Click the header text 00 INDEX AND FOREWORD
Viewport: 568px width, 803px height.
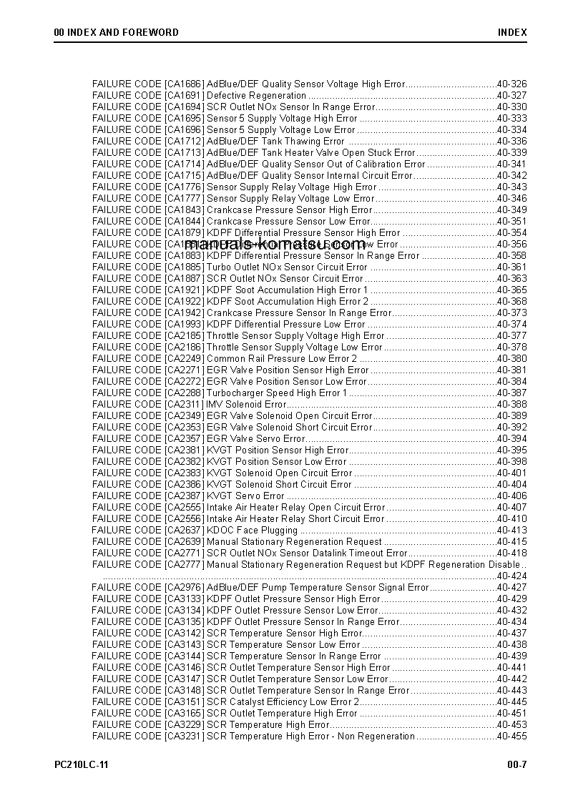coord(116,32)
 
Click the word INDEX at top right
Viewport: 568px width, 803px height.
coord(512,32)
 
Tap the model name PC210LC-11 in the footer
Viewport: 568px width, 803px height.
coord(82,764)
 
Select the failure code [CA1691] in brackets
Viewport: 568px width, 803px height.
coord(184,95)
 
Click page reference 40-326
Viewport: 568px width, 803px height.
coord(511,84)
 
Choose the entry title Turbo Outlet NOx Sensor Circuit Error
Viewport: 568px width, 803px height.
coord(287,267)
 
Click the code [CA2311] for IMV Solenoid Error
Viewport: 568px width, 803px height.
coord(184,404)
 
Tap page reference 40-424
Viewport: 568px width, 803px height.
coord(511,576)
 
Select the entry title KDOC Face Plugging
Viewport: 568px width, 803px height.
coord(252,530)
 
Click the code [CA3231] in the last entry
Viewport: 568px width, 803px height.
coord(184,736)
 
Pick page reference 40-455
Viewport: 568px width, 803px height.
coord(511,736)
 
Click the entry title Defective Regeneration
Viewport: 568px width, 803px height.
coord(256,95)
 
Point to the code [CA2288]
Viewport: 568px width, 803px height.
coord(184,393)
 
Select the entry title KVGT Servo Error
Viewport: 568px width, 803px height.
coord(245,496)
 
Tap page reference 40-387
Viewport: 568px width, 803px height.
coord(511,393)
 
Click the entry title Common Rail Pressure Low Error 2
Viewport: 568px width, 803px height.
coord(281,358)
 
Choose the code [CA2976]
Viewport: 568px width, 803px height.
coord(184,587)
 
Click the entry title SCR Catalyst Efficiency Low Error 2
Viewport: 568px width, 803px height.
coord(283,701)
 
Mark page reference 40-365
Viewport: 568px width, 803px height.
coord(511,290)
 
